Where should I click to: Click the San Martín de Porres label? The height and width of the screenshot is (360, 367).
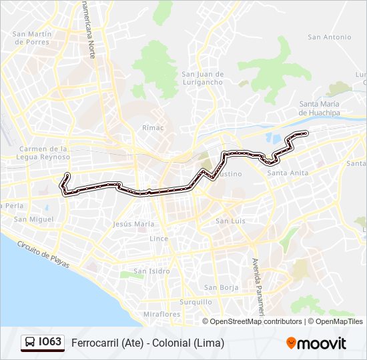pyautogui.click(x=31, y=38)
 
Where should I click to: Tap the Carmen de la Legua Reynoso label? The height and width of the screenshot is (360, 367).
pyautogui.click(x=45, y=153)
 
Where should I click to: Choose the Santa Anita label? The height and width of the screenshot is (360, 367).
pyautogui.click(x=287, y=173)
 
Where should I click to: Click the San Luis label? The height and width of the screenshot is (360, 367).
pyautogui.click(x=230, y=221)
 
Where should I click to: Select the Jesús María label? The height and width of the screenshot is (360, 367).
pyautogui.click(x=134, y=225)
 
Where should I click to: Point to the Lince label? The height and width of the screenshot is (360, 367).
pyautogui.click(x=159, y=238)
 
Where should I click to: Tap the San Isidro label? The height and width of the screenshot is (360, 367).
pyautogui.click(x=151, y=271)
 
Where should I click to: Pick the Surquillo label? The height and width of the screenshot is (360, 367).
pyautogui.click(x=196, y=301)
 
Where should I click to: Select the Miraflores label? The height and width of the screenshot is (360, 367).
pyautogui.click(x=162, y=314)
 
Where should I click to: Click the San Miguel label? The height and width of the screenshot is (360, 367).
pyautogui.click(x=33, y=219)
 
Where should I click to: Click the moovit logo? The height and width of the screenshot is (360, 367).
pyautogui.click(x=316, y=343)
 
